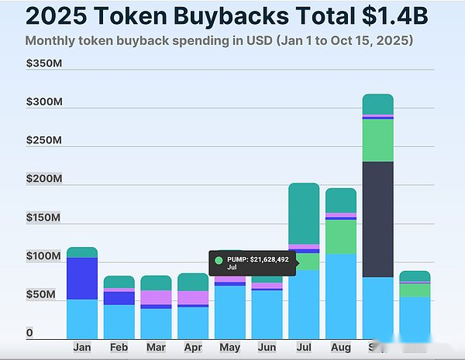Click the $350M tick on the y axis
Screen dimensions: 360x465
44,63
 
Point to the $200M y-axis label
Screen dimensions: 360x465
44,179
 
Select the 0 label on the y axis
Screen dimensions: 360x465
29,333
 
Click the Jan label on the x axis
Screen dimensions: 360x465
82,348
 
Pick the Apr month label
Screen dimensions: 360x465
193,348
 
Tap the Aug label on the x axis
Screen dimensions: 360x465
340,348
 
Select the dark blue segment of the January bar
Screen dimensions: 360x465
82,278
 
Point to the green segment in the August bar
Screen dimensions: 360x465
340,237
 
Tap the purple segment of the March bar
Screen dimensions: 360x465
156,297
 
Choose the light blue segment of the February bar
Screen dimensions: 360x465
119,321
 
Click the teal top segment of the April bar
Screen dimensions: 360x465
193,282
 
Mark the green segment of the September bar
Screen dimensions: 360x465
377,140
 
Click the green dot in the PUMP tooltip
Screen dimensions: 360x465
219,260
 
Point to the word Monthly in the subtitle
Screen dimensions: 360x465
52,40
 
